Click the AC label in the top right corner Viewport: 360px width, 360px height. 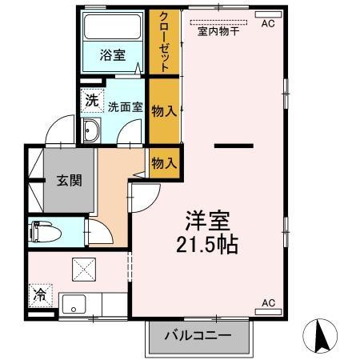267,24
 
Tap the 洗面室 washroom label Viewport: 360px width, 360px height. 125,105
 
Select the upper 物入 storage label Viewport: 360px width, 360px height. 164,111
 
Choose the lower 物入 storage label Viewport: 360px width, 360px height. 164,163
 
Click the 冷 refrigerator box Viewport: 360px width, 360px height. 39,294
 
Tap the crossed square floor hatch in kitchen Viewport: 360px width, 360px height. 84,269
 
